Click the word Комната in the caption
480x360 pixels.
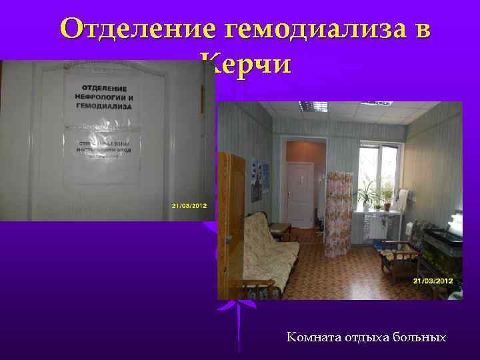pos(314,337)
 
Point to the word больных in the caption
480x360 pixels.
pos(420,337)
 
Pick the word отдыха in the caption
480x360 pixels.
pos(367,337)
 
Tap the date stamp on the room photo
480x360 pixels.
pos(433,281)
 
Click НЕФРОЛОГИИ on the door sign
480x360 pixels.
pos(103,97)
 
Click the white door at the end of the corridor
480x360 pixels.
pos(300,196)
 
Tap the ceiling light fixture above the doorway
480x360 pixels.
pos(313,107)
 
